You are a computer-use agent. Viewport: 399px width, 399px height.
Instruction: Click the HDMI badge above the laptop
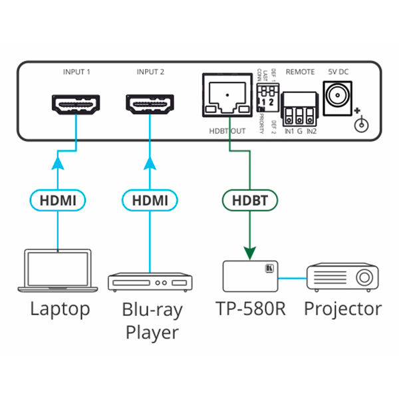[x=58, y=198]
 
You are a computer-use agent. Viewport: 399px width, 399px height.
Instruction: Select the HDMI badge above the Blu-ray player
[x=150, y=198]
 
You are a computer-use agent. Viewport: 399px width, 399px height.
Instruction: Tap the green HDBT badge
[x=251, y=198]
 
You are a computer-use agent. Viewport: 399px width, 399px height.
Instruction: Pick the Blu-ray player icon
[x=150, y=281]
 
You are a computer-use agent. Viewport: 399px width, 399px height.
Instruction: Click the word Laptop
[x=60, y=309]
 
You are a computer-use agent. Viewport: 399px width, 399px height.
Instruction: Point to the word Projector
[x=343, y=309]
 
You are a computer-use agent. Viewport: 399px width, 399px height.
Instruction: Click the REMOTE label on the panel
[x=299, y=71]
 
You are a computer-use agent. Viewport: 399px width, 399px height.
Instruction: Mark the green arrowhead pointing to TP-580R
[x=251, y=252]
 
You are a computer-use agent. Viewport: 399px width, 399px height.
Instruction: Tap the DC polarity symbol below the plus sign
[x=362, y=123]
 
